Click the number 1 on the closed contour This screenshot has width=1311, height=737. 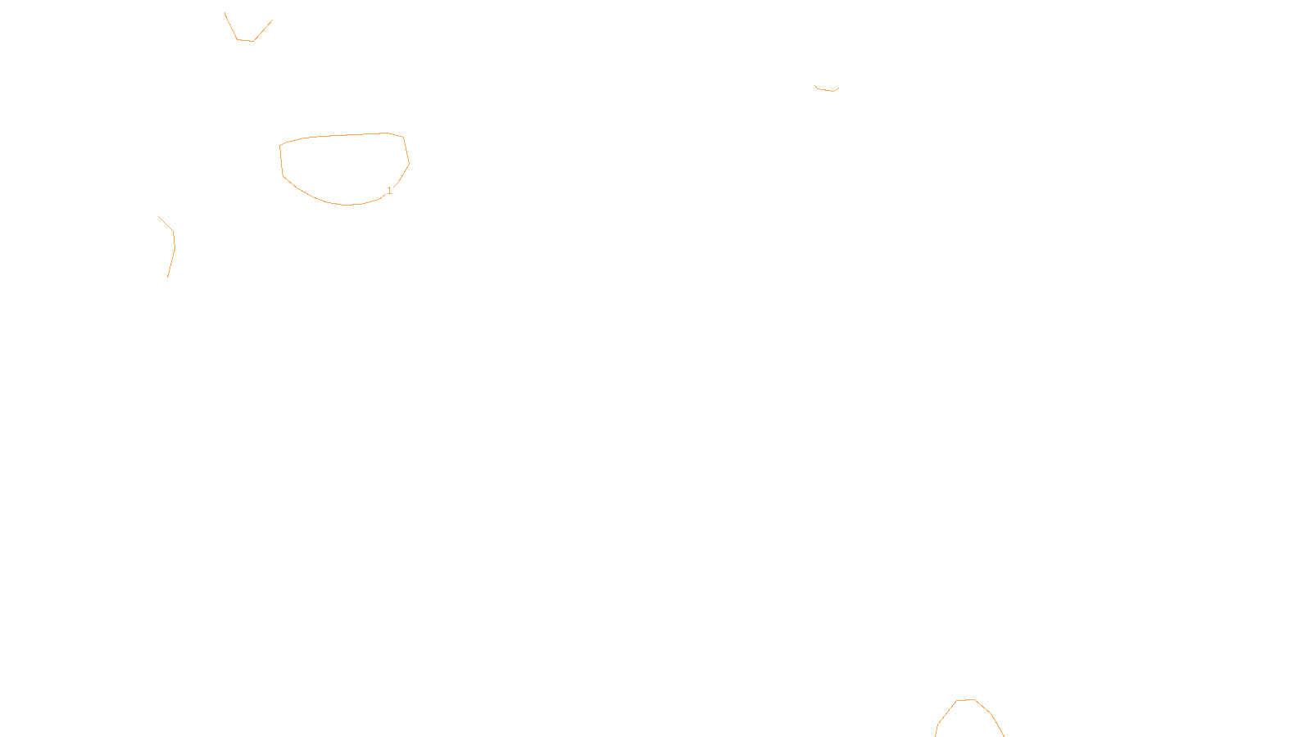point(389,191)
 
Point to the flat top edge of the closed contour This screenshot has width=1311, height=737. point(344,135)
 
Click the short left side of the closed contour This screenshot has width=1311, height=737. point(281,161)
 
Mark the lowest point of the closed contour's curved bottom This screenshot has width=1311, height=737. point(347,205)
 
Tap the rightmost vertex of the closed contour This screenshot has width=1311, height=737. point(409,164)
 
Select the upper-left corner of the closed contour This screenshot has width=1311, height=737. point(280,146)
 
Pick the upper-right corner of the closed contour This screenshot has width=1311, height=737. point(403,137)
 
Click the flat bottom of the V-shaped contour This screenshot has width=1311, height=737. point(245,40)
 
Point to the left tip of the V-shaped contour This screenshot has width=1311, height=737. point(225,13)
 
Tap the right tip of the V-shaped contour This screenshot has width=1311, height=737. point(272,20)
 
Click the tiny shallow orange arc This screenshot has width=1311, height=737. point(827,89)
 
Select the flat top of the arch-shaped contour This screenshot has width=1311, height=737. point(965,700)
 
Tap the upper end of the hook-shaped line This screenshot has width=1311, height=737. point(159,217)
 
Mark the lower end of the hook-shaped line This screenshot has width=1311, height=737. point(168,277)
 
